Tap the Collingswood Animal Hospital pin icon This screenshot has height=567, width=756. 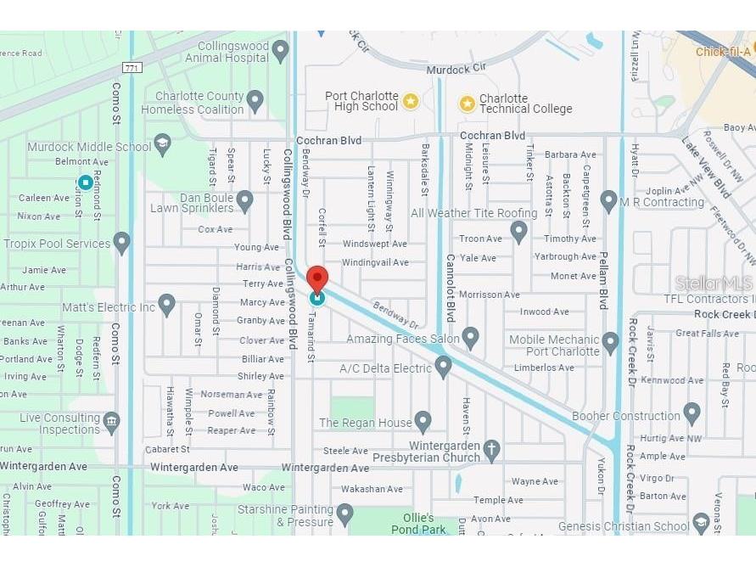(x=281, y=52)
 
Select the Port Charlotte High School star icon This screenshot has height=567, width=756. (x=411, y=101)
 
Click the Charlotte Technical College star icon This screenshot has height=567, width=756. (x=467, y=104)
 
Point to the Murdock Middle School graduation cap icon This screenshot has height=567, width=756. (x=162, y=145)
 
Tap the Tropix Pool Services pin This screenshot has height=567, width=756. (x=122, y=243)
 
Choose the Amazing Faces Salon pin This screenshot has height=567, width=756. (x=470, y=339)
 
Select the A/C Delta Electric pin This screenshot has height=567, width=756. (x=442, y=367)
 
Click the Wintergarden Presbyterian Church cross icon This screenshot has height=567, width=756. (x=491, y=450)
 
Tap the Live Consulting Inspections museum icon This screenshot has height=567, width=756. (x=111, y=421)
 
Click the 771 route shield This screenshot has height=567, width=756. (x=131, y=67)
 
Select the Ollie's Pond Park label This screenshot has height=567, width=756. (x=418, y=524)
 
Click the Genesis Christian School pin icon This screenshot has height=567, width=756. (x=701, y=523)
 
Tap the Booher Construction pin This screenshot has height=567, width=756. (x=692, y=413)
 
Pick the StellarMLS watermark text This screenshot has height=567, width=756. (x=714, y=283)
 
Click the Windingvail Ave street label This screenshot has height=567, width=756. (x=374, y=262)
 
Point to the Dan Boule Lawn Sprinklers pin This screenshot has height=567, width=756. (x=244, y=201)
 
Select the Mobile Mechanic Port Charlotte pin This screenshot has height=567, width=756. (x=610, y=343)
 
